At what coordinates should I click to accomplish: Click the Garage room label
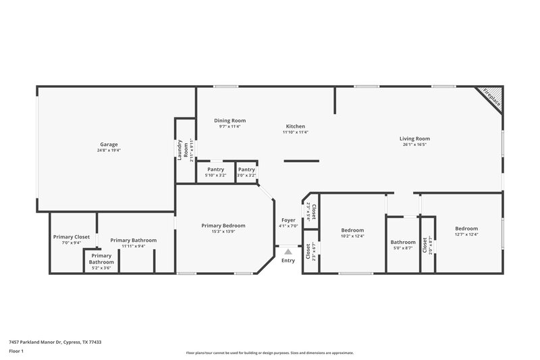pyautogui.click(x=109, y=145)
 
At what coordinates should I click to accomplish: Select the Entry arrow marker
pyautogui.click(x=288, y=251)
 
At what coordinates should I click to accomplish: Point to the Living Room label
pyautogui.click(x=414, y=138)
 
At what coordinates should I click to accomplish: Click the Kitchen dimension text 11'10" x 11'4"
pyautogui.click(x=295, y=132)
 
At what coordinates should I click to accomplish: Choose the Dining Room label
pyautogui.click(x=230, y=120)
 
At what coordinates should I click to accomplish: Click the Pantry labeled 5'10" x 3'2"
pyautogui.click(x=215, y=170)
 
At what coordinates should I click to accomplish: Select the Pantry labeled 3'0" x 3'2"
pyautogui.click(x=246, y=170)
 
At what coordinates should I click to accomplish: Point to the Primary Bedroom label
pyautogui.click(x=223, y=226)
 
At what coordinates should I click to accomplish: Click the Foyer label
pyautogui.click(x=288, y=220)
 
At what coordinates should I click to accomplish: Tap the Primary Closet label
pyautogui.click(x=72, y=237)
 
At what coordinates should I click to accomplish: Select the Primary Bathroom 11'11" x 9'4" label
pyautogui.click(x=134, y=240)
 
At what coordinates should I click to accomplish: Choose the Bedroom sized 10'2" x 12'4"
pyautogui.click(x=352, y=230)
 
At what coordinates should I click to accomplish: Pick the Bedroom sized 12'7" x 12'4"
pyautogui.click(x=466, y=228)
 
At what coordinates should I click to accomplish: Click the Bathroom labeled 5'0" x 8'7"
pyautogui.click(x=403, y=242)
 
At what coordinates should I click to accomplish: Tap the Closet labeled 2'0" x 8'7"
pyautogui.click(x=425, y=244)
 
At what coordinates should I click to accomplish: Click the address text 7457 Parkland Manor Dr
pyautogui.click(x=54, y=342)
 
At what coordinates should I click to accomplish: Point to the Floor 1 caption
pyautogui.click(x=16, y=352)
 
